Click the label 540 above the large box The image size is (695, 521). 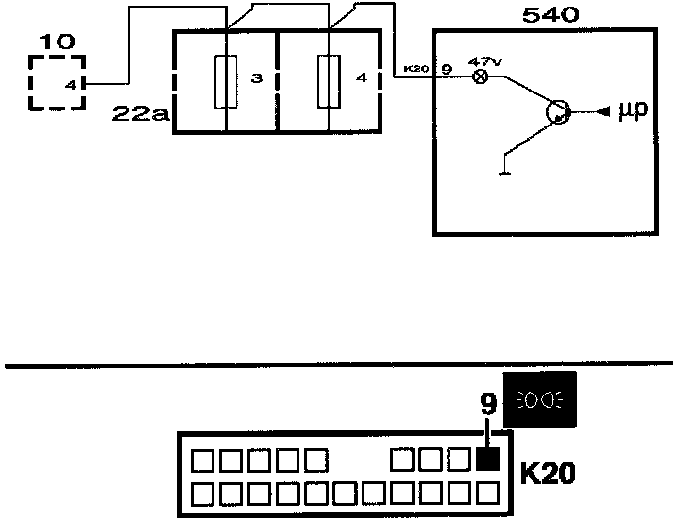tap(550, 15)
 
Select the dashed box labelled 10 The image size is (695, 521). tap(56, 83)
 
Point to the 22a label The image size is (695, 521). tap(139, 114)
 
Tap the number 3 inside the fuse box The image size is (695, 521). tap(255, 78)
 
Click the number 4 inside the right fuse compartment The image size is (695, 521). tap(361, 78)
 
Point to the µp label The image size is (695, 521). tap(632, 112)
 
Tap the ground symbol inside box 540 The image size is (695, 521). tap(506, 168)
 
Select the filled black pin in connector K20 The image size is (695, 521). tap(487, 461)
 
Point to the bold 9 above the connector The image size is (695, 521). tap(487, 406)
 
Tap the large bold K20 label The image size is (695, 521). tap(550, 469)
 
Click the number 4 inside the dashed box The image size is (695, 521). tap(69, 84)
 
